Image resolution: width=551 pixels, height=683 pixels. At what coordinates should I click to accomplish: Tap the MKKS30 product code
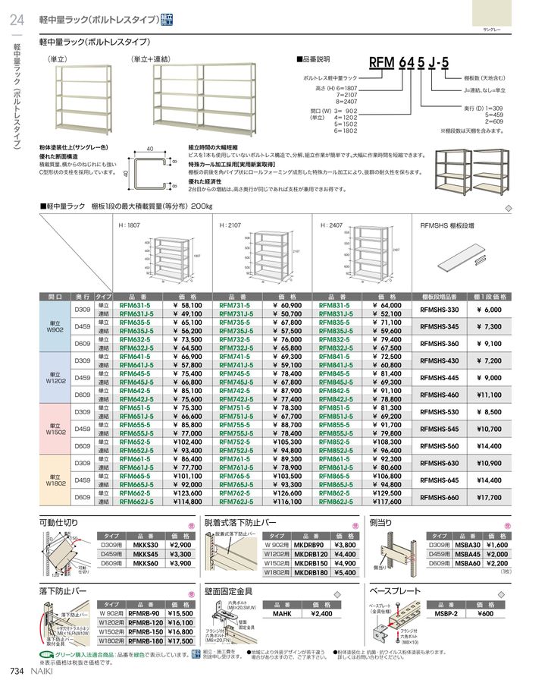tap(145, 544)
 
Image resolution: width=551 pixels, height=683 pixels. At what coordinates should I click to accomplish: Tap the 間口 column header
tap(55, 296)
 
